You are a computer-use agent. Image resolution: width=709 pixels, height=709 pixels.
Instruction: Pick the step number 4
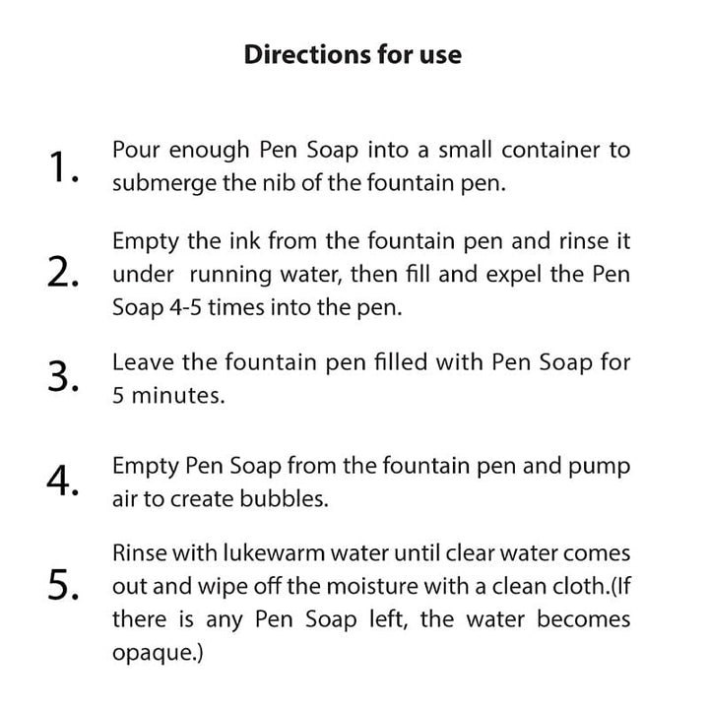[x=63, y=482]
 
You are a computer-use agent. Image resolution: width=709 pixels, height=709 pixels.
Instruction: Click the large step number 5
[x=63, y=586]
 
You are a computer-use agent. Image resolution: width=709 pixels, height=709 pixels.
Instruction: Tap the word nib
[x=282, y=183]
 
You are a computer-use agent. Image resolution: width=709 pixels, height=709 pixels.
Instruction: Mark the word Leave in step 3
[x=142, y=362]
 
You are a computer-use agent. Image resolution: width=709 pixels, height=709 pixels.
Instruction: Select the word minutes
[x=167, y=395]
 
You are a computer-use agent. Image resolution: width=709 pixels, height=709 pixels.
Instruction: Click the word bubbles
[x=288, y=499]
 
